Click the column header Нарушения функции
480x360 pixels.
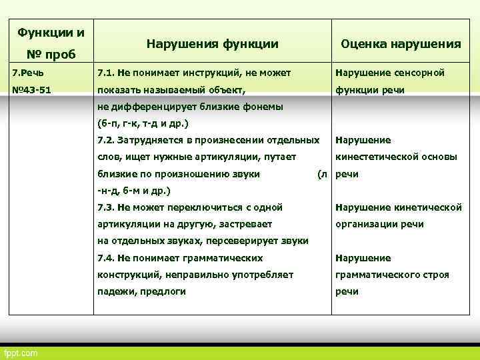tap(212, 44)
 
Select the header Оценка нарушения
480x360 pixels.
tap(401, 44)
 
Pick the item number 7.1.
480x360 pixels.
tap(107, 73)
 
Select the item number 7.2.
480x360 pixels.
tap(107, 140)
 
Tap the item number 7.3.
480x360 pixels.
tap(107, 207)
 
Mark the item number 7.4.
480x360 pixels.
tap(107, 258)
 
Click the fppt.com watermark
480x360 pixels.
tap(21, 352)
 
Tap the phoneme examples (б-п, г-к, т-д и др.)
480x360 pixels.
tap(143, 123)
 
